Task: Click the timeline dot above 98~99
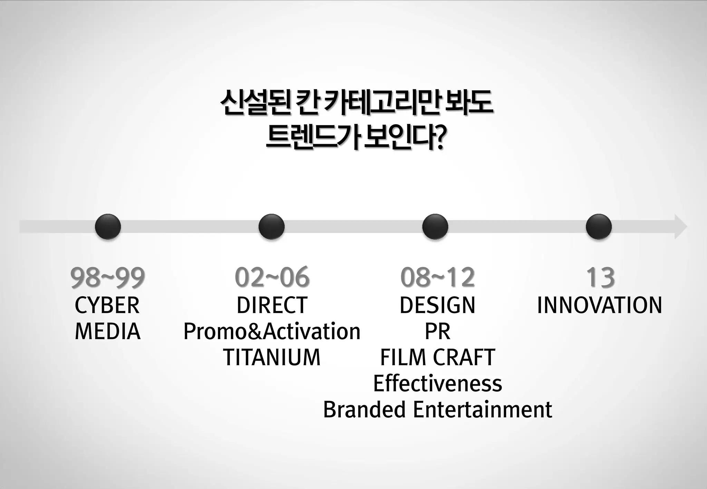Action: tap(108, 227)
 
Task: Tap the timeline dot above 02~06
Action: tap(271, 227)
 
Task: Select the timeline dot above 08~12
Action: tap(435, 227)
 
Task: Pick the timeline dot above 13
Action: tap(599, 227)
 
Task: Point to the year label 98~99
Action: tap(108, 278)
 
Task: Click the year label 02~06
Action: tap(272, 278)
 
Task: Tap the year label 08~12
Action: tap(437, 278)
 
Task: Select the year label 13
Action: tap(600, 278)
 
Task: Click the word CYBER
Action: tap(107, 306)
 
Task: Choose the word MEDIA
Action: tap(107, 331)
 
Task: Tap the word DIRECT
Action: tap(272, 306)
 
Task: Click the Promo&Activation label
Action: tap(272, 331)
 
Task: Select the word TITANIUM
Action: tap(272, 357)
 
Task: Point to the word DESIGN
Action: tap(437, 306)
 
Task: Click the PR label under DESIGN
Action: tap(437, 331)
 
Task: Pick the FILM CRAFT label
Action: tap(437, 357)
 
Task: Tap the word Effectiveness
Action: tap(437, 383)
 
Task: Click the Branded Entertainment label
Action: tap(437, 410)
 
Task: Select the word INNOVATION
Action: tap(600, 306)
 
